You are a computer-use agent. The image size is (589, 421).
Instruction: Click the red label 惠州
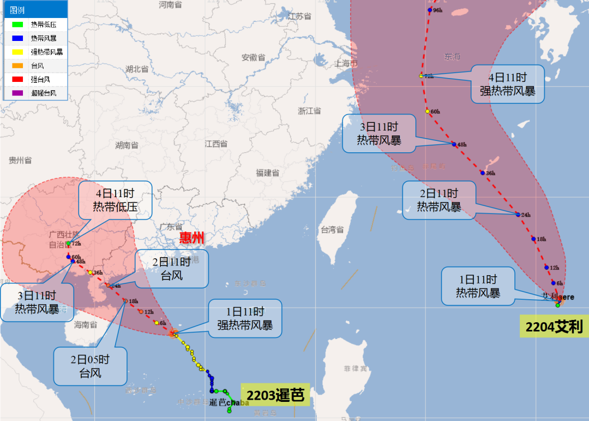(x=191, y=238)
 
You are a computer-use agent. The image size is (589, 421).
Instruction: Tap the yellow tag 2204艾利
(x=554, y=327)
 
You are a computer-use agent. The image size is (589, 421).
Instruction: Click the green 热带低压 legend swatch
(x=17, y=25)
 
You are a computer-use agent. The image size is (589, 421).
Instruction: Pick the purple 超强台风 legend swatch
(x=17, y=93)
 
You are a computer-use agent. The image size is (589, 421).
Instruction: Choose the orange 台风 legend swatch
(x=17, y=66)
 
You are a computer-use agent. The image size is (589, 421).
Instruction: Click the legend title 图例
(x=17, y=10)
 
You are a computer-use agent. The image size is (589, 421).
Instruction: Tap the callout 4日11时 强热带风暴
(x=508, y=84)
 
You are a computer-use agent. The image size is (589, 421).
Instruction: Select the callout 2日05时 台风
(x=90, y=366)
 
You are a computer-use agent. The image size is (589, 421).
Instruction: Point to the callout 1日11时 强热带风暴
(x=245, y=318)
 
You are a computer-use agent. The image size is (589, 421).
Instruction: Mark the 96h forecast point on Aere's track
(x=429, y=10)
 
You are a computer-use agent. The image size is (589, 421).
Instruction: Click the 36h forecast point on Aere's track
(x=482, y=173)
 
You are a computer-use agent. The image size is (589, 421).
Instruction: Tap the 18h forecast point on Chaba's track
(x=125, y=301)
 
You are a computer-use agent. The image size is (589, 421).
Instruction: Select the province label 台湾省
(x=332, y=229)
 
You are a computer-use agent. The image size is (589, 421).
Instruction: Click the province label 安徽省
(x=253, y=58)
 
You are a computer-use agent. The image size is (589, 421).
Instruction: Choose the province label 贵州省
(x=20, y=161)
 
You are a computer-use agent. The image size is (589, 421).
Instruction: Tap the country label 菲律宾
(x=356, y=369)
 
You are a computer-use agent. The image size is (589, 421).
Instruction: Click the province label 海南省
(x=85, y=325)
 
